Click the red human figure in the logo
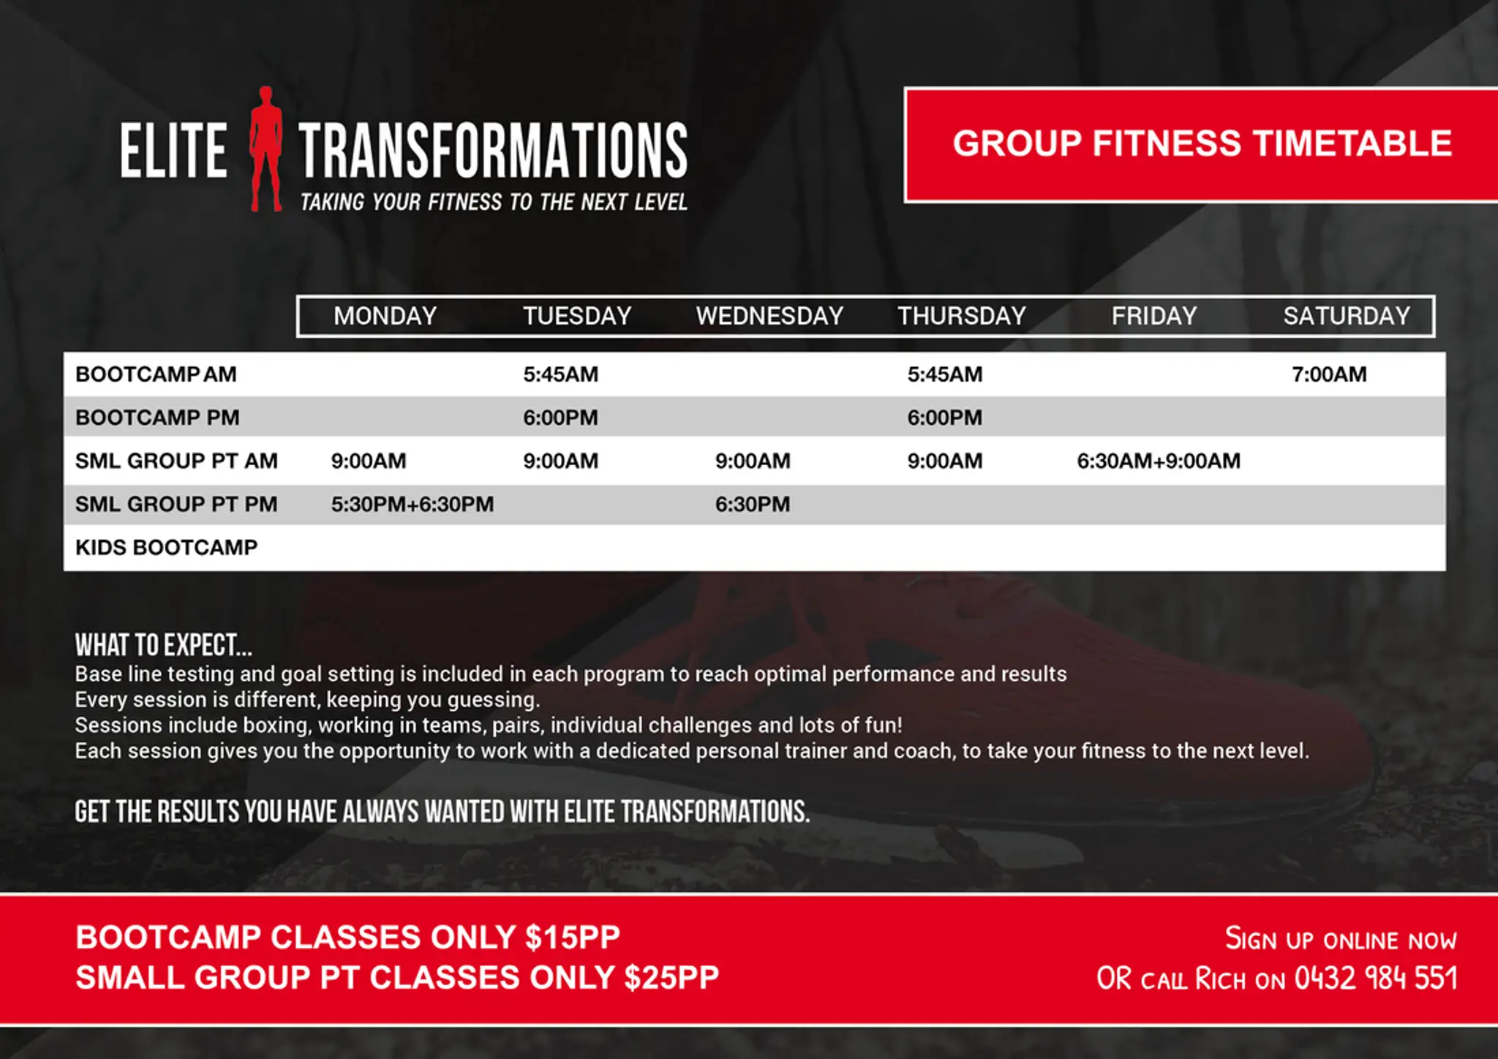pyautogui.click(x=266, y=149)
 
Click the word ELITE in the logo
pyautogui.click(x=174, y=150)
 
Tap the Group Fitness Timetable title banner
pyautogui.click(x=1202, y=145)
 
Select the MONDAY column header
pyautogui.click(x=385, y=316)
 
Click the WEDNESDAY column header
pyautogui.click(x=769, y=316)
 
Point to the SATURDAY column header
pyautogui.click(x=1347, y=316)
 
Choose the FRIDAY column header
pyautogui.click(x=1154, y=316)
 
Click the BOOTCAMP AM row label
pyautogui.click(x=156, y=374)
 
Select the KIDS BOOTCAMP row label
pyautogui.click(x=167, y=548)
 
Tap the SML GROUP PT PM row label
pyautogui.click(x=176, y=505)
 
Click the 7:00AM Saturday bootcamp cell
pyautogui.click(x=1329, y=374)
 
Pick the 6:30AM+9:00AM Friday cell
pyautogui.click(x=1159, y=461)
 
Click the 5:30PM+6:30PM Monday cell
pyautogui.click(x=413, y=505)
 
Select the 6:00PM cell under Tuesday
pyautogui.click(x=560, y=418)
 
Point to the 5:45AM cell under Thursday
pyautogui.click(x=945, y=374)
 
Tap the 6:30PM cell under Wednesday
pyautogui.click(x=753, y=505)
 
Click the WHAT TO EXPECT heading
pyautogui.click(x=163, y=645)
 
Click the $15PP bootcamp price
pyautogui.click(x=573, y=938)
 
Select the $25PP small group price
pyautogui.click(x=671, y=978)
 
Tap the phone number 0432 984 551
pyautogui.click(x=1376, y=979)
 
